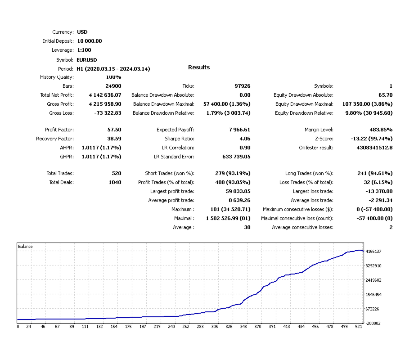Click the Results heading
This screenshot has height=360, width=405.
(x=199, y=67)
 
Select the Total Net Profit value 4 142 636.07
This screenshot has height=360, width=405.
(x=105, y=95)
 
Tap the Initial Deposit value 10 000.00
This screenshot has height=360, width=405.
(x=90, y=41)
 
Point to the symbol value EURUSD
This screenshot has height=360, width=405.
(x=87, y=60)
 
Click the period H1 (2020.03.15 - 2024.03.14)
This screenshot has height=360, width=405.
(x=113, y=69)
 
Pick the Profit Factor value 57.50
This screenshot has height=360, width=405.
(x=114, y=130)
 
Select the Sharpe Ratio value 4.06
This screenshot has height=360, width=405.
(x=245, y=139)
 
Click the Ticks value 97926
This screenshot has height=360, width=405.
(x=242, y=86)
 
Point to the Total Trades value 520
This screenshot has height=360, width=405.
(x=116, y=173)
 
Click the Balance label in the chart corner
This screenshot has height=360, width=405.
(x=25, y=247)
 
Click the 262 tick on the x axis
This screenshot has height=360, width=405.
(x=186, y=327)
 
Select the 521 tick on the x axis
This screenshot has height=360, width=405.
(x=358, y=327)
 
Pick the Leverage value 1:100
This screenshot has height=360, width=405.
(x=84, y=50)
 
